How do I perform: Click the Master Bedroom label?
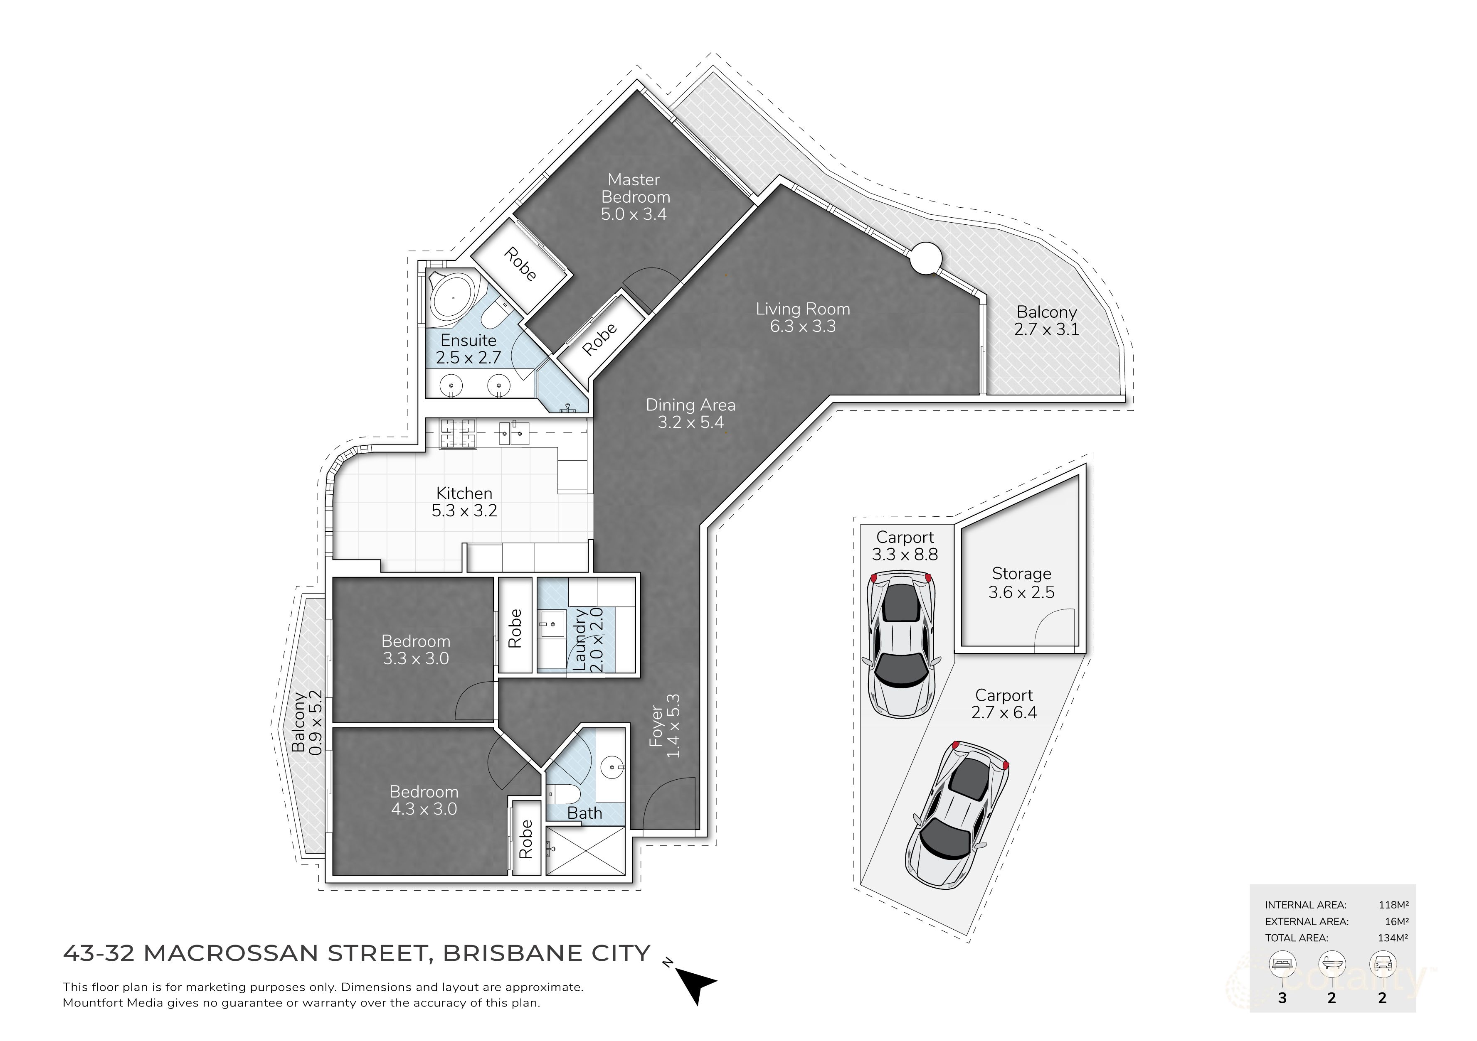pyautogui.click(x=634, y=197)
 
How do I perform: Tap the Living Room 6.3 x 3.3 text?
pyautogui.click(x=802, y=318)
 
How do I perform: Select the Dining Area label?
pyautogui.click(x=690, y=413)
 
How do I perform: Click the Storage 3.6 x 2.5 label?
pyautogui.click(x=1021, y=582)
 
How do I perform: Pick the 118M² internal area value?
pyautogui.click(x=1393, y=905)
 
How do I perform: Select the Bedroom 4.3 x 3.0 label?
pyautogui.click(x=424, y=800)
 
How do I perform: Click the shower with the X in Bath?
pyautogui.click(x=585, y=851)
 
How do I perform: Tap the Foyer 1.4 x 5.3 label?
pyautogui.click(x=665, y=726)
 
